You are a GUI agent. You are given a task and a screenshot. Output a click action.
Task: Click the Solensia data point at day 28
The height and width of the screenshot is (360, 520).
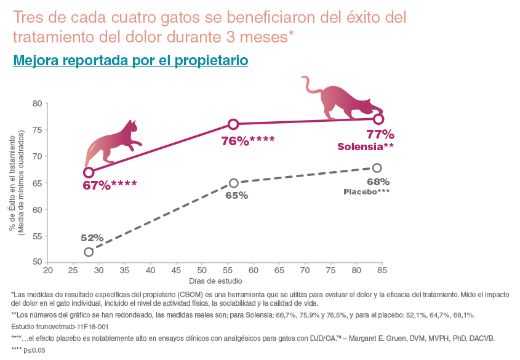[x=89, y=172]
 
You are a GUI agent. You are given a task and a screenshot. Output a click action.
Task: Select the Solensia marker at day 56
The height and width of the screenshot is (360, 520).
[x=233, y=124]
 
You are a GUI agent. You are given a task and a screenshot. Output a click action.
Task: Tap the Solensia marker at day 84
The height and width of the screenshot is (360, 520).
[x=378, y=119]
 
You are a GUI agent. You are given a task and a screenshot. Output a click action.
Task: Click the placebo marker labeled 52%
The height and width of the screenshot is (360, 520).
[x=89, y=252]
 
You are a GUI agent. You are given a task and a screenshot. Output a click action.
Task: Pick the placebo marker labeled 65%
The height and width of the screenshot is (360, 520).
[x=233, y=183]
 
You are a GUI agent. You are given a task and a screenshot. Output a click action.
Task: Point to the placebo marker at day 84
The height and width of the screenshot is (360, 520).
[x=377, y=168]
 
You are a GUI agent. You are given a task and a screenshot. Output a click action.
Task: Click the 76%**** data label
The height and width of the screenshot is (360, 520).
[x=248, y=141]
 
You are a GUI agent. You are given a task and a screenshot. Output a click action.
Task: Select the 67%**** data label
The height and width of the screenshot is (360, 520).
[x=110, y=184]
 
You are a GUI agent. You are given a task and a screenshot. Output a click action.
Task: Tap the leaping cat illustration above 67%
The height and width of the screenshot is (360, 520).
[x=114, y=143]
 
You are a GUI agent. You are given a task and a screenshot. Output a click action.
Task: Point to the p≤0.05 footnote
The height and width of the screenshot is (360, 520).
[x=28, y=350]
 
